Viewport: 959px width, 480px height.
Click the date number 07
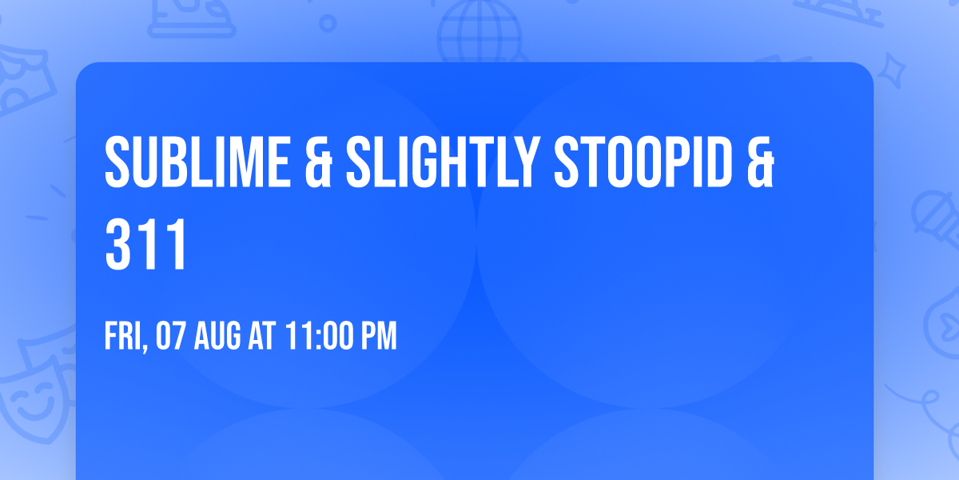[173, 336]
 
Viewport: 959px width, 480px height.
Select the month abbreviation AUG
[219, 336]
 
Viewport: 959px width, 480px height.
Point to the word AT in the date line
[262, 336]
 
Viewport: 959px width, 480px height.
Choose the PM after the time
[377, 336]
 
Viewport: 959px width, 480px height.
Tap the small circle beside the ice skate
[328, 23]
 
